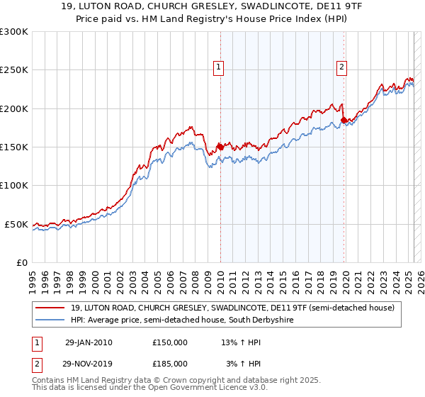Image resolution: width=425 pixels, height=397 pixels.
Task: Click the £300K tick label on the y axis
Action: [x=14, y=32]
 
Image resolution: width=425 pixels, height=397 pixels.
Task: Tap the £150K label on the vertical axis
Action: [x=14, y=147]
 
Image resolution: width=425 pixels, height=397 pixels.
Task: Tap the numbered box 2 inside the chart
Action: [x=341, y=67]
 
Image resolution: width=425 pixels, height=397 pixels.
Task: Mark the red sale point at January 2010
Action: [x=220, y=147]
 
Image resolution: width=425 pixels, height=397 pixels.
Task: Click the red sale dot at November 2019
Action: [x=344, y=120]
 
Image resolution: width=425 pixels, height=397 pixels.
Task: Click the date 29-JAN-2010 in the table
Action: [x=89, y=342]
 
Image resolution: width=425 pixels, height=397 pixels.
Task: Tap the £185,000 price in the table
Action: [x=170, y=363]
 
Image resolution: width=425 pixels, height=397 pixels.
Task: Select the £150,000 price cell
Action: [x=170, y=342]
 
